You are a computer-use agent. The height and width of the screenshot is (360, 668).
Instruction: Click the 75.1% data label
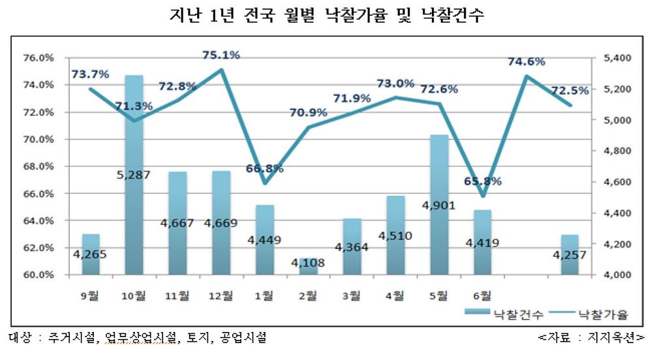click(x=221, y=55)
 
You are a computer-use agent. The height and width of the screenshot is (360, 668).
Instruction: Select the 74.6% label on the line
click(x=527, y=61)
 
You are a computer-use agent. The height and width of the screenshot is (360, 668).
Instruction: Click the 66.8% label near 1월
click(x=264, y=168)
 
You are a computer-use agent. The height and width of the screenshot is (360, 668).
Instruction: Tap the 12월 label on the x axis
click(x=222, y=295)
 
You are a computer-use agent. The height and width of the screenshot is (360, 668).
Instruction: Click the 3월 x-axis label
click(x=353, y=295)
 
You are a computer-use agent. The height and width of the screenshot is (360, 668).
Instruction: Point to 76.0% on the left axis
click(x=38, y=58)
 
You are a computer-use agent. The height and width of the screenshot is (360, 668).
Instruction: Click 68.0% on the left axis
click(x=38, y=166)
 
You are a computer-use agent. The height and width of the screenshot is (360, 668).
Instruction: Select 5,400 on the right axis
click(x=618, y=58)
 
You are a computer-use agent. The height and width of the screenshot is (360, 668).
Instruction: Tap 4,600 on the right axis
click(x=618, y=182)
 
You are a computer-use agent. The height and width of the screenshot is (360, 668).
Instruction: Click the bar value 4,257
click(x=570, y=255)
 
